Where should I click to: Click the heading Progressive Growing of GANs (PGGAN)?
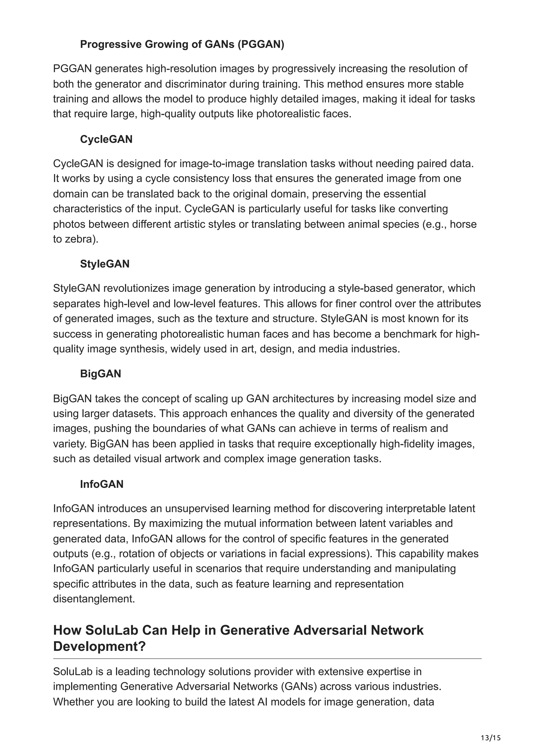coord(182,44)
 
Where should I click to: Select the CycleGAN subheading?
coord(106,139)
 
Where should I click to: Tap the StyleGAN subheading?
coord(104,264)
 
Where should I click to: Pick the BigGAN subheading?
coord(101,374)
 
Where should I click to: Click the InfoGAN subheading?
coord(102,484)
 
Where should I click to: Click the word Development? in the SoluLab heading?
coord(99,646)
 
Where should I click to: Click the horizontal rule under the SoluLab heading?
coord(267,659)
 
